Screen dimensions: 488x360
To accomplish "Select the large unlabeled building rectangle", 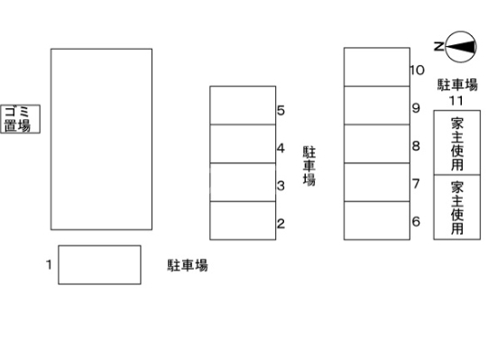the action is tap(101, 139).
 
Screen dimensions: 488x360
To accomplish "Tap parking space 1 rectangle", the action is tap(99, 264).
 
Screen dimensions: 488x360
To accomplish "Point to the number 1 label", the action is tap(48, 264).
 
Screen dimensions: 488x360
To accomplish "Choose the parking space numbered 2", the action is tap(243, 220).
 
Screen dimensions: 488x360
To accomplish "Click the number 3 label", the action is tap(281, 187).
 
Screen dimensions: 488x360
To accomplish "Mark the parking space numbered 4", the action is tap(243, 143).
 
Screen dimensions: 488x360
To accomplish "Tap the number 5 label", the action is tap(281, 111).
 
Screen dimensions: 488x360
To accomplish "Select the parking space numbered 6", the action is tap(377, 220).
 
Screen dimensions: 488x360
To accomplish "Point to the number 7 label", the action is tap(416, 184).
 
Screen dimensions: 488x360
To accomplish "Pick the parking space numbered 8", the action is tap(377, 143).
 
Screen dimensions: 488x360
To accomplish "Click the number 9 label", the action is tap(416, 108).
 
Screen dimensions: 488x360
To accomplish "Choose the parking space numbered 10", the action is tap(377, 67).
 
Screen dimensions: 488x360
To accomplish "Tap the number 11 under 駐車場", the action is tap(456, 99).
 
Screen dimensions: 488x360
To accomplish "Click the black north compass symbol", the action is tap(461, 46).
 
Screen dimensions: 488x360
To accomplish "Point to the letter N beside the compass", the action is tap(437, 46).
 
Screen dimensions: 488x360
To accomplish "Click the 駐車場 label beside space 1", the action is tap(188, 265).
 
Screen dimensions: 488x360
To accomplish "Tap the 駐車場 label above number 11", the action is tap(456, 84).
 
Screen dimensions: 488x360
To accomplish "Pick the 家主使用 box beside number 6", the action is tap(457, 208).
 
